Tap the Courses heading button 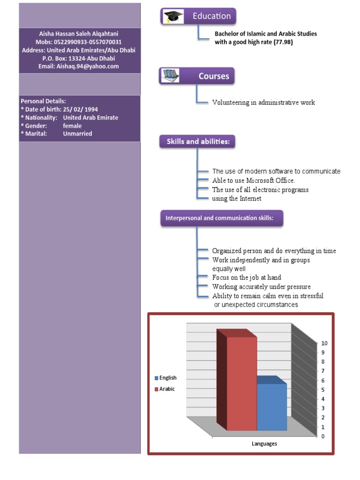(x=214, y=76)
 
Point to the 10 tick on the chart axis (x=324, y=343)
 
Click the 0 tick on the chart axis (x=322, y=436)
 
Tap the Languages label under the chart (x=264, y=444)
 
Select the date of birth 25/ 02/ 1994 (x=80, y=110)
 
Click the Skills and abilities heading (x=198, y=142)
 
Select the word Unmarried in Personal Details (x=77, y=134)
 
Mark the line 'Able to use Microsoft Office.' (x=254, y=180)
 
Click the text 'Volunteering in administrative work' (x=263, y=102)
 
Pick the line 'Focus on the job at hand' (x=247, y=277)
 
